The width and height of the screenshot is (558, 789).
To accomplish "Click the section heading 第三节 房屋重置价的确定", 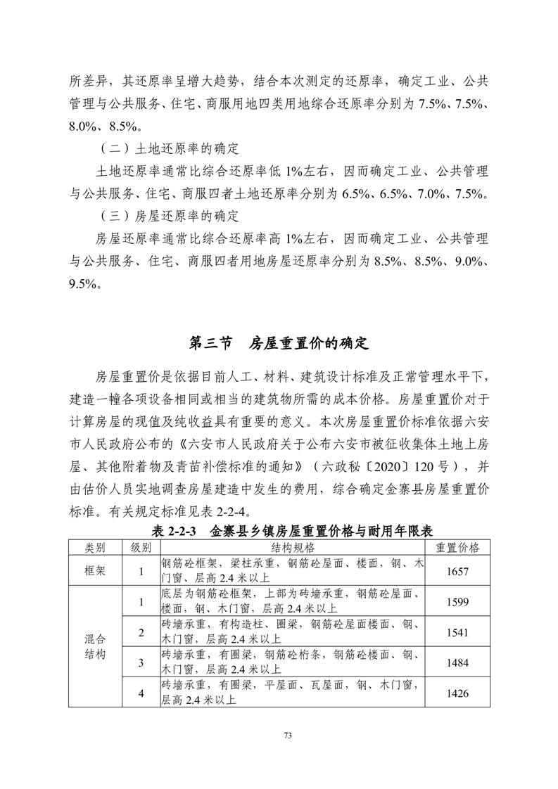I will coord(279,344).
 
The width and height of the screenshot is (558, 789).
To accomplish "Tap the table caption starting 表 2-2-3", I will coord(279,531).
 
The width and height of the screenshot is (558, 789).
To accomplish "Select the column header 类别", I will coord(95,547).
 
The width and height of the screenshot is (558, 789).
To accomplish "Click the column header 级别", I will coord(141,547).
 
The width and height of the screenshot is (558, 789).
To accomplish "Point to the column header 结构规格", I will coord(293,547).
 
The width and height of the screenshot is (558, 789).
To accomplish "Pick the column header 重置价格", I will coord(457,547).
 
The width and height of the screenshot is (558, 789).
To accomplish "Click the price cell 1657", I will coord(457,571).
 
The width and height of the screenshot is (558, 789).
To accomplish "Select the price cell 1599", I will coord(457,602).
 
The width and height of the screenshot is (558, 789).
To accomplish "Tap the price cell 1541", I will coord(457,633).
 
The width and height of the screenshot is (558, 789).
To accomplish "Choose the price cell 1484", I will coord(457,663).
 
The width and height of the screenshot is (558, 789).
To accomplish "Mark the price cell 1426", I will coord(457,694).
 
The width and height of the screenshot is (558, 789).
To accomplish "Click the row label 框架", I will coord(95,571).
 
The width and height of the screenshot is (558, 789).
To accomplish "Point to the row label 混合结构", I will coord(95,647).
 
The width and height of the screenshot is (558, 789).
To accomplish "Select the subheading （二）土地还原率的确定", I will coord(167,149).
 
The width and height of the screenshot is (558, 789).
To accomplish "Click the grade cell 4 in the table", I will coord(141,694).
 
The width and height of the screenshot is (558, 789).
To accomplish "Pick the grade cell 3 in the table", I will coord(141,663).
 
